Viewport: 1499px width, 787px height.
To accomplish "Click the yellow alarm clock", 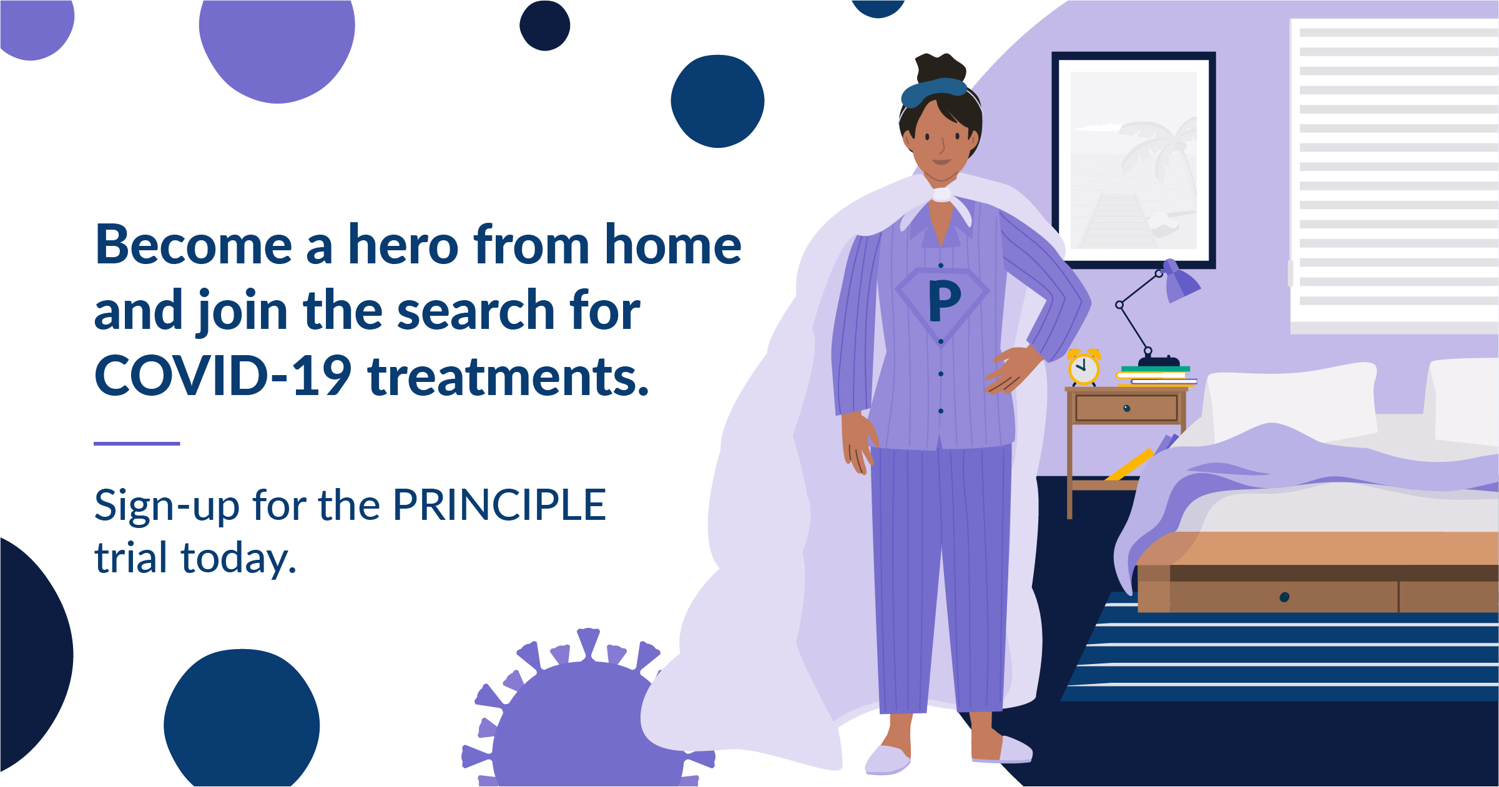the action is [x=1084, y=368].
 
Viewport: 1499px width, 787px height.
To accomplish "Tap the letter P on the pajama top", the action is [x=944, y=301].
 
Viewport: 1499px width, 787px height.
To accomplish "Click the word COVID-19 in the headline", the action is [x=223, y=376].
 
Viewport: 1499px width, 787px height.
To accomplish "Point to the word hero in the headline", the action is [x=403, y=245].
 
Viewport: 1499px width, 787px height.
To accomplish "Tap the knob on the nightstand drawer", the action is [x=1126, y=409].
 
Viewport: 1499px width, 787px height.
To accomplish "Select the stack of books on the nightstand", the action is [x=1156, y=376].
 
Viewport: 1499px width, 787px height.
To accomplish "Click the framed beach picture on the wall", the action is [x=1134, y=160].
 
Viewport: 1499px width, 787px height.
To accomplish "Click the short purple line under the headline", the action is [x=137, y=444].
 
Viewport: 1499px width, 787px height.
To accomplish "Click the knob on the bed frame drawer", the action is [x=1284, y=597].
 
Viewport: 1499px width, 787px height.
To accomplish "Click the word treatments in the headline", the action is [x=509, y=376].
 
